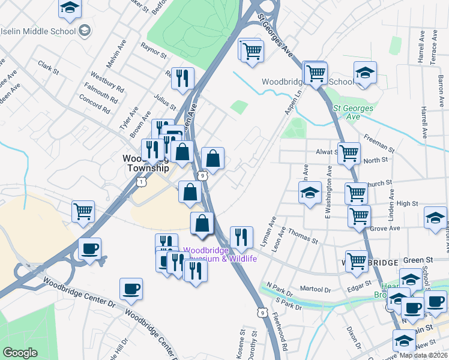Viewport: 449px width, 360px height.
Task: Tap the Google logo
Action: pyautogui.click(x=20, y=353)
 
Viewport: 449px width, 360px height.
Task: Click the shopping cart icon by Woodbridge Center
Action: pyautogui.click(x=83, y=211)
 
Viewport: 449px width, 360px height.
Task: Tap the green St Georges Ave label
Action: pyautogui.click(x=354, y=112)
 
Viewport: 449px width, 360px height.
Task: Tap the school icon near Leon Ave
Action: pyautogui.click(x=310, y=193)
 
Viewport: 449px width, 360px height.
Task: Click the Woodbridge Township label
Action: pyautogui.click(x=145, y=163)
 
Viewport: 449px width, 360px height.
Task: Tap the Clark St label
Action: pyautogui.click(x=49, y=68)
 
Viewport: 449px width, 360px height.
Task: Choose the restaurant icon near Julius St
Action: pyautogui.click(x=181, y=77)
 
